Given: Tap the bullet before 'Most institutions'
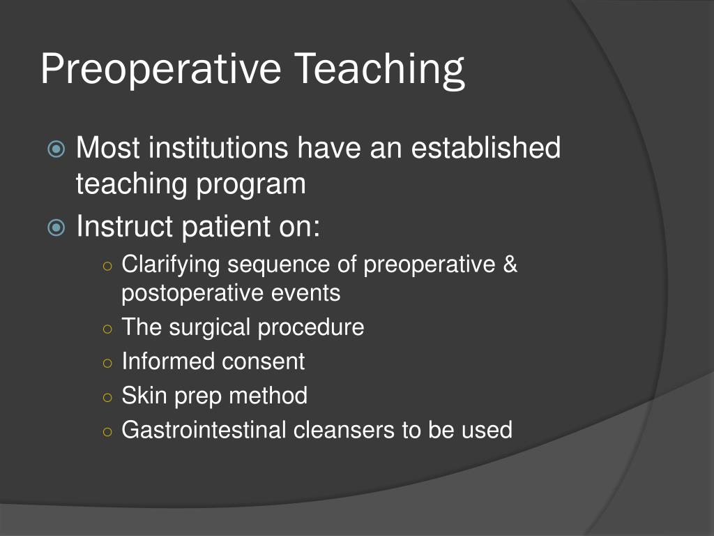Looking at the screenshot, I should [57, 149].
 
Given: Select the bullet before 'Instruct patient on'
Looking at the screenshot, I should [57, 228].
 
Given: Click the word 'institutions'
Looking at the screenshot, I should [220, 148].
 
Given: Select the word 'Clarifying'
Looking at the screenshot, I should [172, 265].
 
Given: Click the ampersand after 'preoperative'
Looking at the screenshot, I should [510, 265].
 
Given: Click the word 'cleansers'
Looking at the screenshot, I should [344, 430].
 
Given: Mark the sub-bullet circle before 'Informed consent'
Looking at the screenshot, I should [107, 363].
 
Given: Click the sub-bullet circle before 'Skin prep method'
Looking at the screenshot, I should [107, 397].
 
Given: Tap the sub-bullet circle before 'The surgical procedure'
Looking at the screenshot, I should [107, 328].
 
